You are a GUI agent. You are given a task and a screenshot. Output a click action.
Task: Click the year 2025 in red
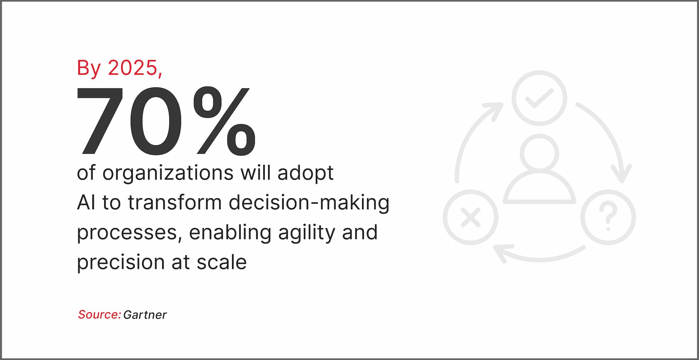pos(133,68)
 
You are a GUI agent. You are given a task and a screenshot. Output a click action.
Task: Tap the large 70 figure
pos(129,122)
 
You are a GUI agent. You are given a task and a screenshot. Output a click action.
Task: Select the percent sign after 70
pos(224,122)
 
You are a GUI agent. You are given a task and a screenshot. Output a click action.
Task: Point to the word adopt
pos(305,173)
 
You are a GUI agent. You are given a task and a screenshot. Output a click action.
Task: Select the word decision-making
pos(309,203)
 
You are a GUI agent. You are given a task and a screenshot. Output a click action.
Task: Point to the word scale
pos(222,262)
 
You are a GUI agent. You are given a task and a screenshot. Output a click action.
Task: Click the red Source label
pos(99,314)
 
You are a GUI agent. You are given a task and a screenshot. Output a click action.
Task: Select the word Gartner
pos(145,315)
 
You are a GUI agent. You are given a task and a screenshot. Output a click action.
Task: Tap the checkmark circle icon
pos(539,98)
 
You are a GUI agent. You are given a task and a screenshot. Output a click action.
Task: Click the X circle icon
pos(471,217)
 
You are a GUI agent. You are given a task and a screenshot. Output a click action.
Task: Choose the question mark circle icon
pos(608,217)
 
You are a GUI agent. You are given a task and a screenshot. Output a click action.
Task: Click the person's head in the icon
pos(539,153)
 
